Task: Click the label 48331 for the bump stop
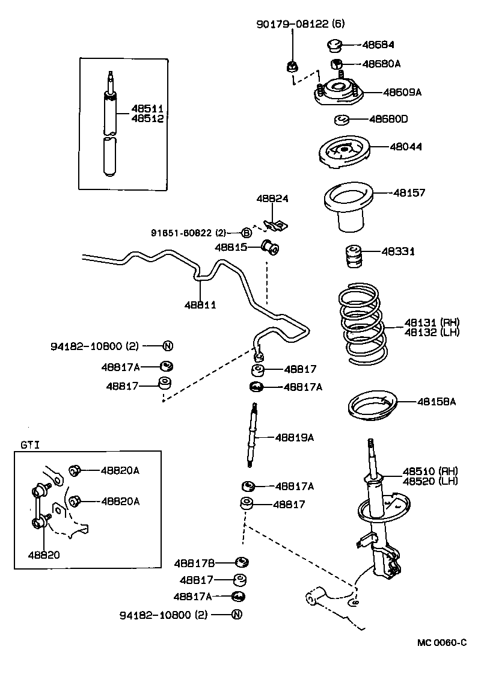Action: coord(397,251)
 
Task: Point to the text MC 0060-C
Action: coord(442,642)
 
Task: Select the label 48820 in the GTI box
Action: coord(43,555)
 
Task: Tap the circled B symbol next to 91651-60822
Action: coord(246,232)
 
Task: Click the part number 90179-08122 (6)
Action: coord(300,24)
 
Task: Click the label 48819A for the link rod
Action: coord(294,437)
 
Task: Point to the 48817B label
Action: coord(195,563)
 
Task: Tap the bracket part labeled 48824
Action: coord(275,224)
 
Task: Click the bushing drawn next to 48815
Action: coord(271,246)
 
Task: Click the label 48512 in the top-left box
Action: coord(148,118)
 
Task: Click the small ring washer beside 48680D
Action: coord(343,120)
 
